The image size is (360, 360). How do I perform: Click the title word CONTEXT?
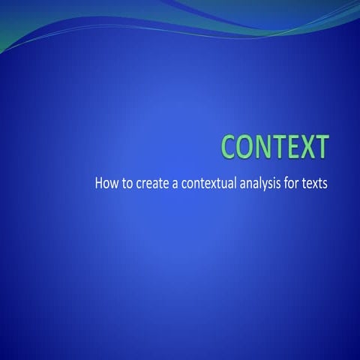[x=275, y=147]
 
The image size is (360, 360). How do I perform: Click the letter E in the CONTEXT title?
[x=291, y=147]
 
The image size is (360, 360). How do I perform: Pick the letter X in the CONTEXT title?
[x=305, y=147]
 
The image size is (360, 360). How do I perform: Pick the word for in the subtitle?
[x=294, y=182]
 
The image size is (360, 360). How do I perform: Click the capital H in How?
[x=99, y=182]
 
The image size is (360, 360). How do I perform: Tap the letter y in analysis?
[x=271, y=184]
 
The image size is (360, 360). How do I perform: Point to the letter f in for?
[x=288, y=182]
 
